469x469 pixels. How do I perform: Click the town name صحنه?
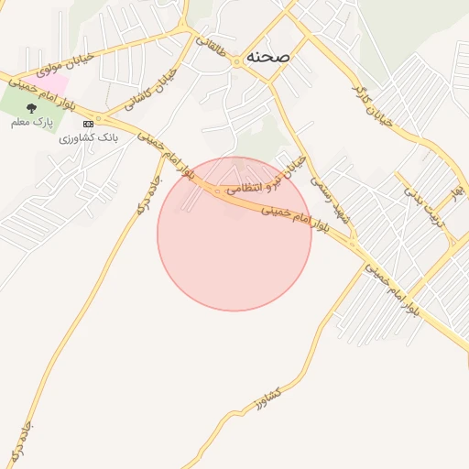tap(267, 56)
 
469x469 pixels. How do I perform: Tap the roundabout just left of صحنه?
tap(238, 61)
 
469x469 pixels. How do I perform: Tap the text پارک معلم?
tap(32, 122)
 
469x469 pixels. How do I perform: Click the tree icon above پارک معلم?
tap(32, 108)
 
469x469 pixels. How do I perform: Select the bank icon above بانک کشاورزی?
tap(88, 124)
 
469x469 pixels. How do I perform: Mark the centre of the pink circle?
tap(234, 234)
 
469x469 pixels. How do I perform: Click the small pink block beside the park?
tap(53, 83)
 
